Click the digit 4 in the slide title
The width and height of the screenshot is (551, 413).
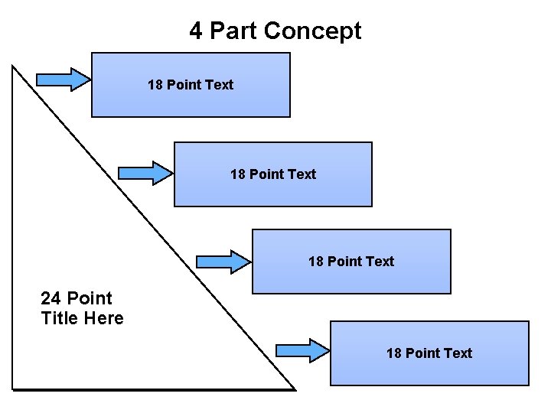(x=196, y=31)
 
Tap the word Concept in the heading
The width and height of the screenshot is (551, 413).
(x=312, y=31)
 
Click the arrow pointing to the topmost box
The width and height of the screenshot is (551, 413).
(x=64, y=79)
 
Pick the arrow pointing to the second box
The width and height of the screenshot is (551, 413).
(x=146, y=173)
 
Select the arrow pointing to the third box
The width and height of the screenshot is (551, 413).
(x=224, y=261)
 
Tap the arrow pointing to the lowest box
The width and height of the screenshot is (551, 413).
(x=302, y=350)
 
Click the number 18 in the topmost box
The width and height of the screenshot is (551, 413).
(x=155, y=85)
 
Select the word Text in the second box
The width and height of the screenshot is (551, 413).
(x=302, y=174)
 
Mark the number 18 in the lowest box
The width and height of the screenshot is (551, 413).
(x=393, y=353)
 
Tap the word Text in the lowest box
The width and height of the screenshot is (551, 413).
(x=458, y=353)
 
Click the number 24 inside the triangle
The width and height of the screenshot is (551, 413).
(x=51, y=298)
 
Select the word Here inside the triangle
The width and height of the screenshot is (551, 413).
(x=104, y=318)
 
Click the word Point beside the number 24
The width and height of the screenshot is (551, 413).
(x=89, y=298)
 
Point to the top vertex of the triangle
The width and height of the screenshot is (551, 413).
(x=13, y=65)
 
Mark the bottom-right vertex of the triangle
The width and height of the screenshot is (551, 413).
(x=295, y=389)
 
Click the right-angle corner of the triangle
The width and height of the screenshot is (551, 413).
(x=13, y=389)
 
